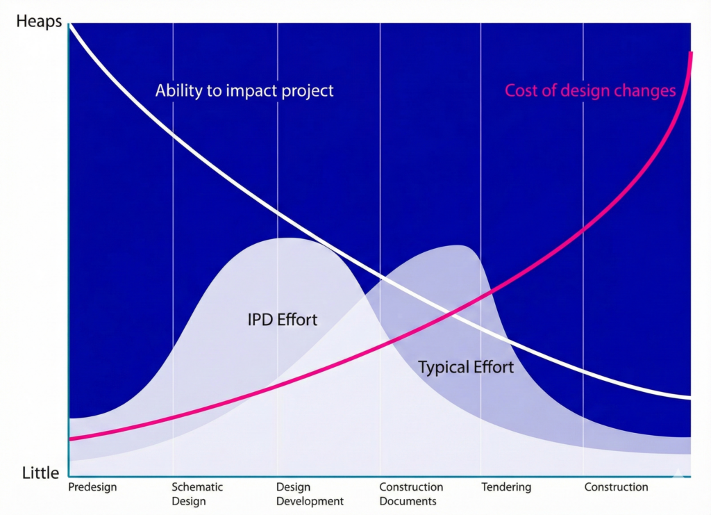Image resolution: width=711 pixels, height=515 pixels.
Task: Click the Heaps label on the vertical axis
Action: [39, 22]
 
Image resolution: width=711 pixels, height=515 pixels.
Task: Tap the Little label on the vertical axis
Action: [41, 473]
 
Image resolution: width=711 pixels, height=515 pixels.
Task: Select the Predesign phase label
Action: [92, 487]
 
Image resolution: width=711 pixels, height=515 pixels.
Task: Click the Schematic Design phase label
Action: [197, 494]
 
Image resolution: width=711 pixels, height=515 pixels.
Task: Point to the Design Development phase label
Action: [310, 494]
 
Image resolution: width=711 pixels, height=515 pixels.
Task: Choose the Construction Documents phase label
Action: [411, 494]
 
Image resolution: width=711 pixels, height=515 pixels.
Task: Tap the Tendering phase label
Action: [506, 487]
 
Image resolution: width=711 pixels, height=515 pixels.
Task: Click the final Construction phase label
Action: [616, 487]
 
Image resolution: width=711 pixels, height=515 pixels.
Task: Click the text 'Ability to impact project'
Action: [244, 91]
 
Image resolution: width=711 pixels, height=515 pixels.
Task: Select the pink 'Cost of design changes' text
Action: [590, 91]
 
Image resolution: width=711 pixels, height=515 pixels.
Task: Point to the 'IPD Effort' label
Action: [283, 320]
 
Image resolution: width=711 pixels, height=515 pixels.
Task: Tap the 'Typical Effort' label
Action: [466, 367]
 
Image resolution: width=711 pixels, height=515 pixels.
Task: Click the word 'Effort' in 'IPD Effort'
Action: [297, 320]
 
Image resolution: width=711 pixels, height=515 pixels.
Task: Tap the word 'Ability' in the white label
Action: [178, 91]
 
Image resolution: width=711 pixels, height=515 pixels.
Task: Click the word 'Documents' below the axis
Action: [408, 501]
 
